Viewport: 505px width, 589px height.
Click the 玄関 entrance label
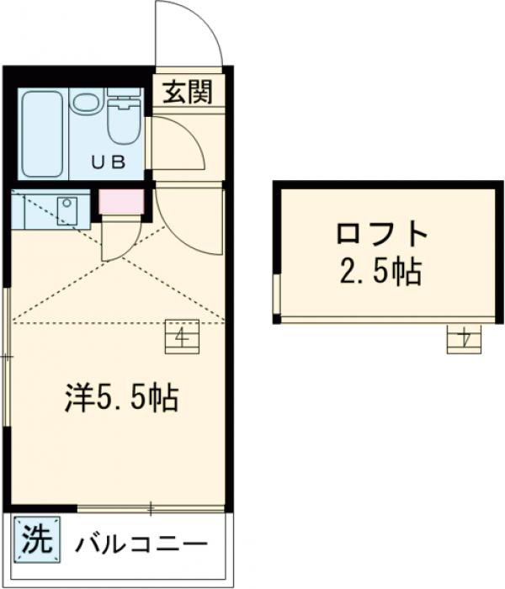pos(188,91)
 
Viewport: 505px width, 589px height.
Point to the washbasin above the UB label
pos(85,103)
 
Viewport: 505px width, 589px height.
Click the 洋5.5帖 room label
pos(122,397)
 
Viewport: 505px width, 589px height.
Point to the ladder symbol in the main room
pos(181,337)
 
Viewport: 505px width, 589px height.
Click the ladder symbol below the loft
pos(464,338)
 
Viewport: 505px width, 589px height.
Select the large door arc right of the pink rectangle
pos(189,220)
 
